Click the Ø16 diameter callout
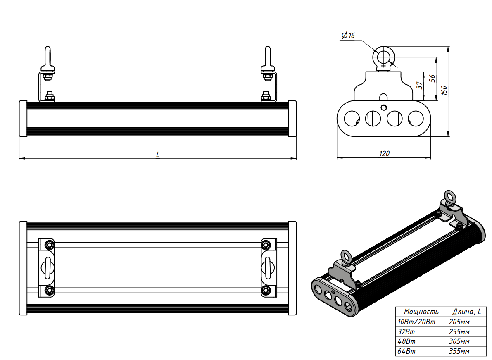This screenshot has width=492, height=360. [x=348, y=36]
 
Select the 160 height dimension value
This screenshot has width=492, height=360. [x=444, y=91]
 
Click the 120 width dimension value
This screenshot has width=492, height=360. [x=384, y=153]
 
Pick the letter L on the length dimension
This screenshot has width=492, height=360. [x=158, y=154]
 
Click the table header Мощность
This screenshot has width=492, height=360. [x=421, y=312]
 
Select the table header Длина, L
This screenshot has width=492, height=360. [x=466, y=312]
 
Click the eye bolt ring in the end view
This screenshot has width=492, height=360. [x=383, y=56]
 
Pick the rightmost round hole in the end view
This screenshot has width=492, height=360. [x=416, y=119]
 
